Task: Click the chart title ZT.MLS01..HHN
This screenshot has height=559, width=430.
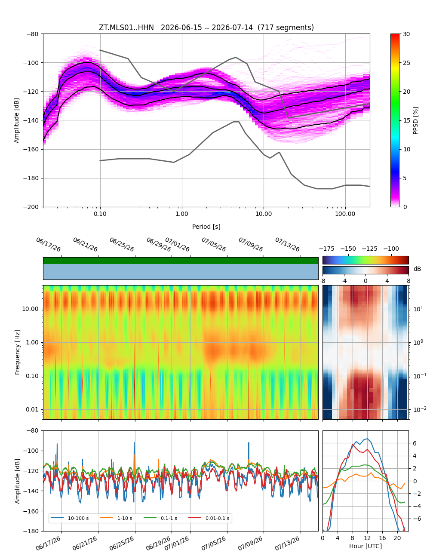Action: coord(126,28)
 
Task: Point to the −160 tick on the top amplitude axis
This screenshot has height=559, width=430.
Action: coord(31,149)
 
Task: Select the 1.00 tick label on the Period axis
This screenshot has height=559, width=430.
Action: coord(181,214)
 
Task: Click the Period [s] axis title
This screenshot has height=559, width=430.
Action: coord(206,227)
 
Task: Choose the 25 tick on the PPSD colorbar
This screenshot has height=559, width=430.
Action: coord(406,63)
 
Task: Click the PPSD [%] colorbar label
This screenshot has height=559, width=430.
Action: coord(415,120)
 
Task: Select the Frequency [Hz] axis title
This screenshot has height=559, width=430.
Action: coord(17,353)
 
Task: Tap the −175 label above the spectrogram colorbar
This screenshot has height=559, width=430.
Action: coord(327,249)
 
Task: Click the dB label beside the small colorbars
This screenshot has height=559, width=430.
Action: coord(417,269)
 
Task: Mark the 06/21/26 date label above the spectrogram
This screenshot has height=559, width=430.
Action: coord(85,244)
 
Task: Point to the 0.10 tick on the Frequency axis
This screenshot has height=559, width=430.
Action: coord(32,376)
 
